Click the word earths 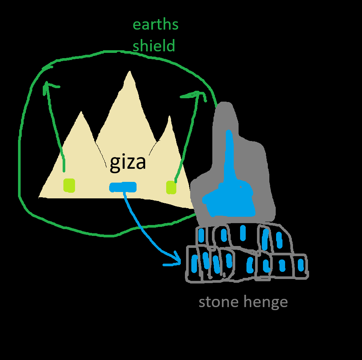point(156,24)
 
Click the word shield point(154,45)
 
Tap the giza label point(128,163)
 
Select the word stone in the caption point(219,301)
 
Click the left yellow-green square point(69,185)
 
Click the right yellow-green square point(171,187)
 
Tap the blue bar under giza point(123,187)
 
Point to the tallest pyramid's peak point(130,71)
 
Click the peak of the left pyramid point(81,112)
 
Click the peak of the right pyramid point(170,116)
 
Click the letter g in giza point(115,164)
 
